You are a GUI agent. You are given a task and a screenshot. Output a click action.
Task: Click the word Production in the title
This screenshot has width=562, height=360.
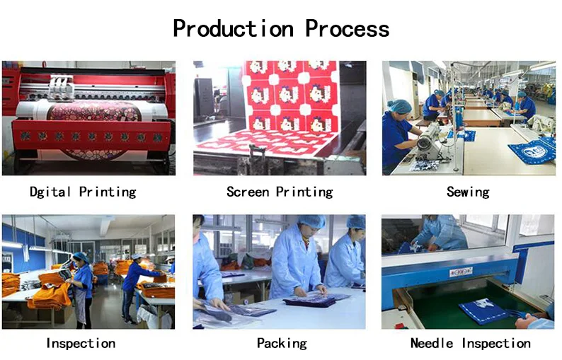point(234,29)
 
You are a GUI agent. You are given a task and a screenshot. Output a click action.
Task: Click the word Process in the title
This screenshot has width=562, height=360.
point(347,29)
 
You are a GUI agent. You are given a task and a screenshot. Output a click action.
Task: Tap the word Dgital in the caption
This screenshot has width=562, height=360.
point(50,192)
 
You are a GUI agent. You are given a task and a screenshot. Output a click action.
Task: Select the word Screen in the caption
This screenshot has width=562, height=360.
point(248,192)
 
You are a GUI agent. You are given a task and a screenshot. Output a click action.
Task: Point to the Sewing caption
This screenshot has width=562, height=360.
point(468,192)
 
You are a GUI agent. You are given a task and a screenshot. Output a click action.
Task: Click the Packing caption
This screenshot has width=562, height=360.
point(282,344)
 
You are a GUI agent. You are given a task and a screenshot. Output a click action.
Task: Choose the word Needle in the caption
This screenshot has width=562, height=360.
point(432,343)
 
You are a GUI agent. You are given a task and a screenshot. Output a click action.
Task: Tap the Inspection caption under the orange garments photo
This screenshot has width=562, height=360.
point(81,343)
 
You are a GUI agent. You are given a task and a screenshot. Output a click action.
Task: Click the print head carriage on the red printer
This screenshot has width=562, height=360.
point(61,87)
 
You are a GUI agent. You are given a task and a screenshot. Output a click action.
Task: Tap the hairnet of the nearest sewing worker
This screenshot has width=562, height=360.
point(399,106)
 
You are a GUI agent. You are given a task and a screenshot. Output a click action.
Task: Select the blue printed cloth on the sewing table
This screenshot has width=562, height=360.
point(533,151)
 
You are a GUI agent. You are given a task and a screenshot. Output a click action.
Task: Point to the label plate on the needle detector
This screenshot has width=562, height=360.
point(461,272)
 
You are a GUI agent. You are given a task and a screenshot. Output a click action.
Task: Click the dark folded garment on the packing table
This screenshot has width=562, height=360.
point(309,301)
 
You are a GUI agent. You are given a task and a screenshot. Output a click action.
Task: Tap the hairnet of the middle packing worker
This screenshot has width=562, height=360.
point(312,221)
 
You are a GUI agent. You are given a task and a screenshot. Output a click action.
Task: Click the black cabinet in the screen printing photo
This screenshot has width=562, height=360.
point(205,98)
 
